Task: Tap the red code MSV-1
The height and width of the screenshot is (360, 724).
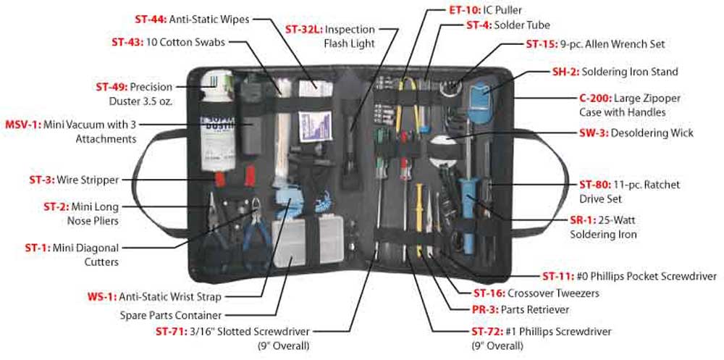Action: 22,124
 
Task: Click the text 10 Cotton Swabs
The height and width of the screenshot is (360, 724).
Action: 185,43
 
